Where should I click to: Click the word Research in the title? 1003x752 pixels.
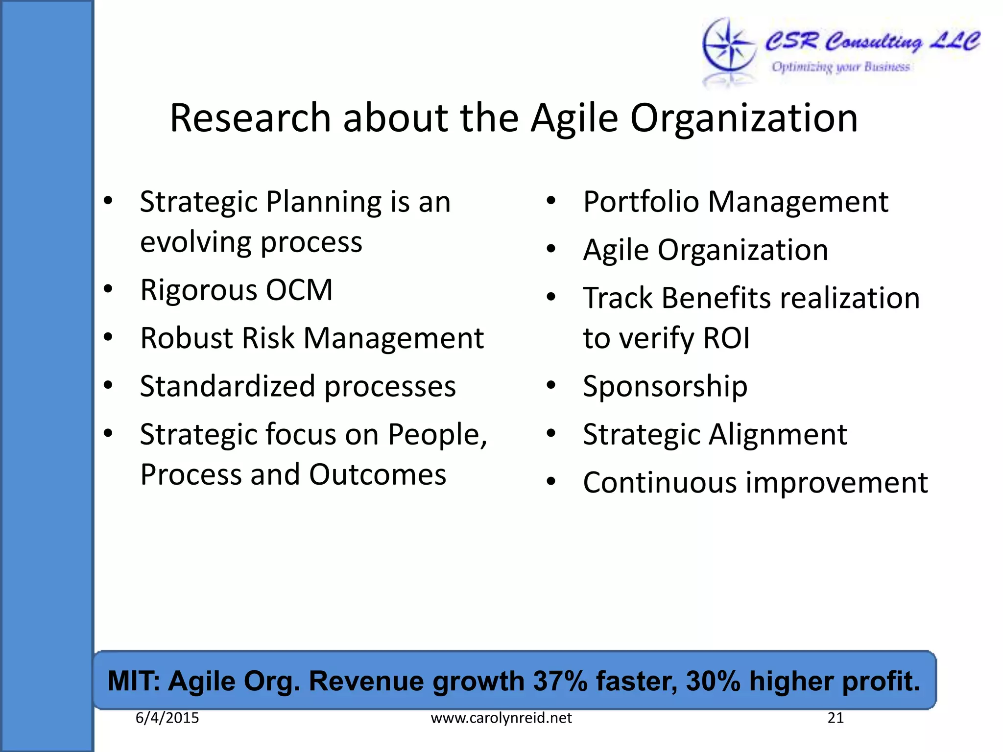click(250, 118)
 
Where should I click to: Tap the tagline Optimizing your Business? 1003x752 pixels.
click(840, 67)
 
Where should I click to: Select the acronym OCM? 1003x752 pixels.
click(299, 290)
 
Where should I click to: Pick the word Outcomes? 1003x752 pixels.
click(378, 474)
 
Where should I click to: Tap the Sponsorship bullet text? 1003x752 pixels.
click(665, 386)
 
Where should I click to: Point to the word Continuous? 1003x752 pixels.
click(660, 483)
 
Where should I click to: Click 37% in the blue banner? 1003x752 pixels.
click(560, 681)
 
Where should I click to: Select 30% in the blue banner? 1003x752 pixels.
click(713, 681)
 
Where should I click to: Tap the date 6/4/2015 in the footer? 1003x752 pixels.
click(167, 718)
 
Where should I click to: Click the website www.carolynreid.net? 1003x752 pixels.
click(501, 718)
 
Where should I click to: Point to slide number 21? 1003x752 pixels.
click(835, 718)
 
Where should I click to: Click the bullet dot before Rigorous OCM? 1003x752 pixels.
click(108, 289)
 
